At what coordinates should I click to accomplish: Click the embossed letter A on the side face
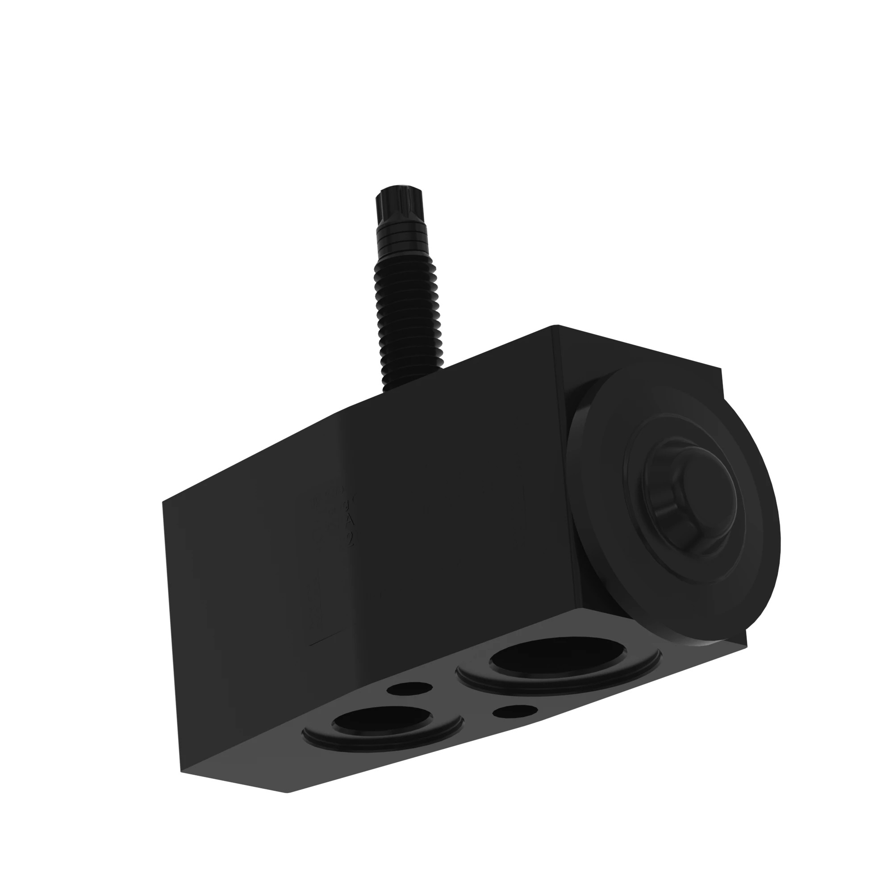coord(350,521)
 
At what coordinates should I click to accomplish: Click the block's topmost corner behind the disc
coord(556,326)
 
